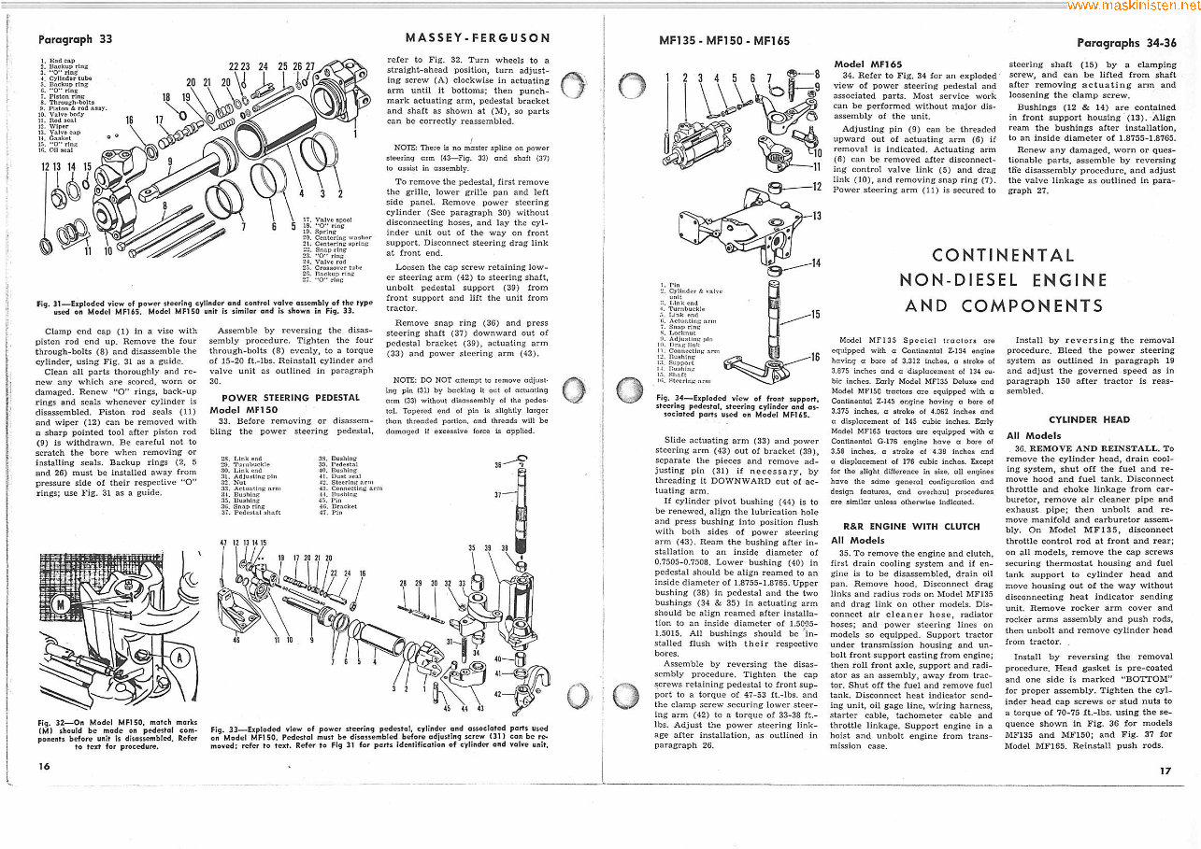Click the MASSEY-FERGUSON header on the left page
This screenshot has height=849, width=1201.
477,38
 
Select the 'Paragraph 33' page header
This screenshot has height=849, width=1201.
75,39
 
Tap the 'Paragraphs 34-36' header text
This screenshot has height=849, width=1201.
1125,43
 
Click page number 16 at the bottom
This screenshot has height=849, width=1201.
44,766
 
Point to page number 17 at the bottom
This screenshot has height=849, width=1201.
1164,771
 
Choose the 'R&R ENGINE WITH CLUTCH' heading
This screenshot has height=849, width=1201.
897,526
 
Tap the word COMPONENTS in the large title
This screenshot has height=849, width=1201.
1024,305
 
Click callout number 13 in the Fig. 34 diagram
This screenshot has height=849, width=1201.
815,217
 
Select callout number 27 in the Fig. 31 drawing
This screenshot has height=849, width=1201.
310,67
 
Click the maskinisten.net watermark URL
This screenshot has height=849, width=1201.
1133,6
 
